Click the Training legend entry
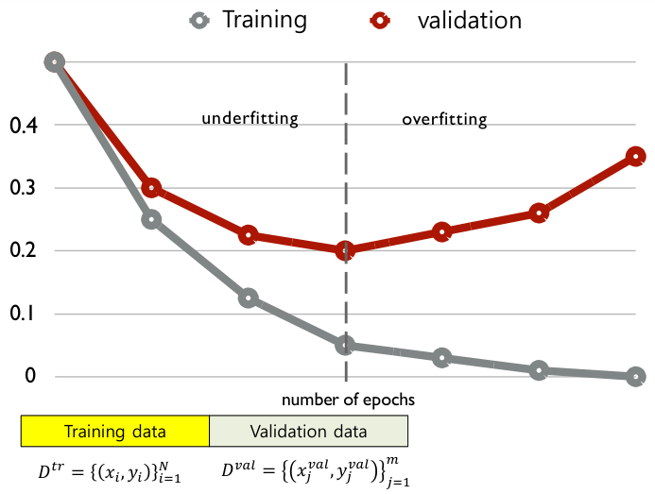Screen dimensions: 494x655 click(x=245, y=19)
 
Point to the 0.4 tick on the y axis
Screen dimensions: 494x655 click(x=21, y=125)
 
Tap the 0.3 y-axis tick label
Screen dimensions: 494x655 click(x=21, y=188)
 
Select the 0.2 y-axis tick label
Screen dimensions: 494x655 click(x=21, y=250)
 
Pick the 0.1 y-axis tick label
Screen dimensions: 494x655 click(x=21, y=314)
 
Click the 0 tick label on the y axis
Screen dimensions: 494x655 click(x=30, y=376)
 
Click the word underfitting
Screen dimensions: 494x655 click(x=250, y=119)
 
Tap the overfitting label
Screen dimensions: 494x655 click(x=444, y=120)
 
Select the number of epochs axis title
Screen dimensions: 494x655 click(x=348, y=400)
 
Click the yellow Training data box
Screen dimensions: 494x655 click(x=114, y=432)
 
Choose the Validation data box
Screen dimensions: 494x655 click(x=308, y=432)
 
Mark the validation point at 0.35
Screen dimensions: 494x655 click(x=635, y=156)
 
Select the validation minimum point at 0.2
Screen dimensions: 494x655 click(x=345, y=250)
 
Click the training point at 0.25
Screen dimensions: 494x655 click(x=151, y=219)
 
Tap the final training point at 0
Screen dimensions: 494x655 click(x=635, y=376)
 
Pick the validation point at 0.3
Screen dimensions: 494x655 click(x=151, y=188)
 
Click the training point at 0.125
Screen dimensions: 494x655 click(x=248, y=298)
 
